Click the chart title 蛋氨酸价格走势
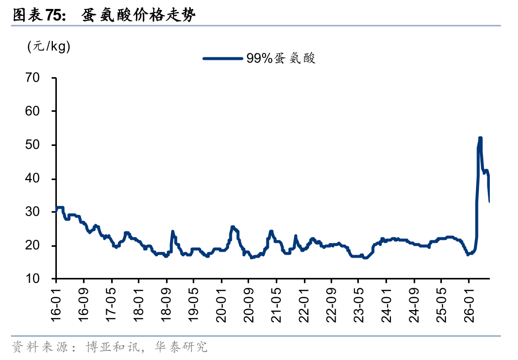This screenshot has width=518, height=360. tap(138, 15)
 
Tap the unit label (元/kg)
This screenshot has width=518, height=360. tap(49, 46)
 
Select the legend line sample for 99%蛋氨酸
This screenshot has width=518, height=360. tap(222, 58)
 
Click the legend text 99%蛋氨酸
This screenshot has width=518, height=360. tap(281, 58)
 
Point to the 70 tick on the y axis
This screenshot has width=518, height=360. tap(33, 78)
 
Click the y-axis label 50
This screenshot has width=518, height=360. tap(33, 145)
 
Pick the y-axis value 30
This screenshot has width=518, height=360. tap(33, 212)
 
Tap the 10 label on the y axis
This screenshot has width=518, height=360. tap(33, 279)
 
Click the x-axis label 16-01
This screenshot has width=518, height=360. tap(56, 305)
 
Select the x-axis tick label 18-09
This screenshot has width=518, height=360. tap(166, 305)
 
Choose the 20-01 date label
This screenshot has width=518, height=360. tap(221, 305)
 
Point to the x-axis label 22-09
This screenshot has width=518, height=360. tap(331, 305)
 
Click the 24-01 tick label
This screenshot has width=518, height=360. tap(386, 305)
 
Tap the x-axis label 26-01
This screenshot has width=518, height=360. tap(469, 305)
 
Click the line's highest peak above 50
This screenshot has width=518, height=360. tap(480, 138)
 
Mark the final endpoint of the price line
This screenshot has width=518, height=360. tap(489, 202)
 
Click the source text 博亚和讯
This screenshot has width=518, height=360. tap(113, 347)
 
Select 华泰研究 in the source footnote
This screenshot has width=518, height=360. tap(181, 347)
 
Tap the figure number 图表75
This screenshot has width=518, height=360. tap(39, 15)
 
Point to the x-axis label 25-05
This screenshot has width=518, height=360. tap(441, 305)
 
